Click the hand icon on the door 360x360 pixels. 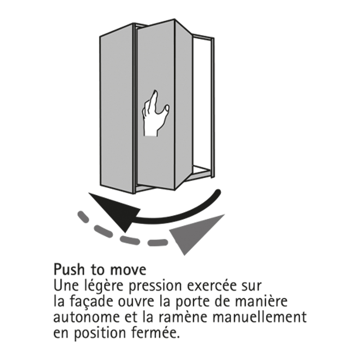pyautogui.click(x=155, y=114)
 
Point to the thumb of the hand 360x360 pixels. pyautogui.click(x=165, y=108)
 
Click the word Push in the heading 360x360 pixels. pyautogui.click(x=69, y=269)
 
